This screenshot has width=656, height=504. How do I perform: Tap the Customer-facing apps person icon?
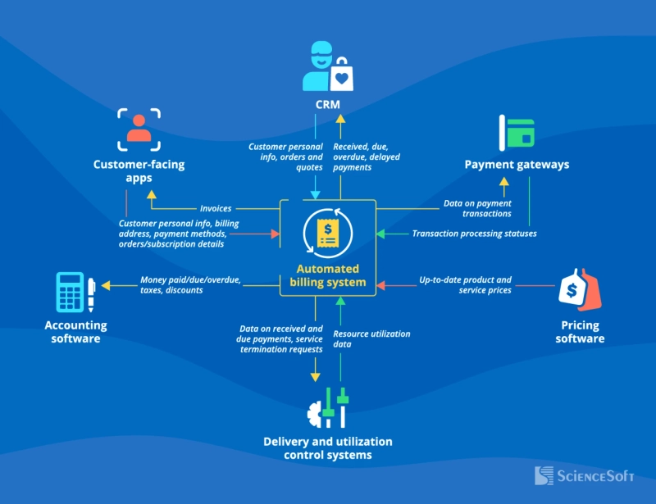139,129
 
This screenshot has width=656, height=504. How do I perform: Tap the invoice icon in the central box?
328,232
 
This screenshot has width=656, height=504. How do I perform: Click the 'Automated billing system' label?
328,276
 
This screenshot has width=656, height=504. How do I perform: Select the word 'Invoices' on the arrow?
216,208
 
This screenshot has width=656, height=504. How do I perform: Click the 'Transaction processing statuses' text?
474,234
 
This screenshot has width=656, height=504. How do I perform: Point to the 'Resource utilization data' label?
371,339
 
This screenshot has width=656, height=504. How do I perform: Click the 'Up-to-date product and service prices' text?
465,285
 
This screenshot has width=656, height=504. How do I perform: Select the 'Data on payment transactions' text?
477,208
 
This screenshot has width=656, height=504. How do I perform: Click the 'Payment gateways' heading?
517,165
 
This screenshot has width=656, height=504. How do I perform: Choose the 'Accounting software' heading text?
75,331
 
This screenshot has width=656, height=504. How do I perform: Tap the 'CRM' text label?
328,105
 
